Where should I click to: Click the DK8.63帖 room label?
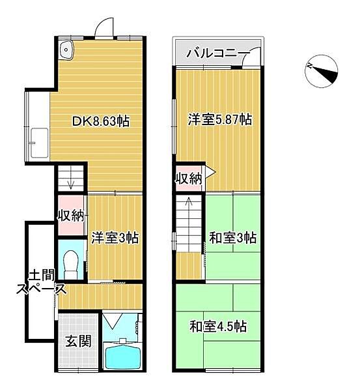[x=100, y=121]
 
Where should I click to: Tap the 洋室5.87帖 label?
[x=220, y=119]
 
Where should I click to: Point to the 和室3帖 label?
[x=232, y=237]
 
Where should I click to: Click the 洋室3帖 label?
[x=115, y=237]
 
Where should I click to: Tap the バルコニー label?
[x=217, y=53]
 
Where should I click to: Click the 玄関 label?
[x=78, y=340]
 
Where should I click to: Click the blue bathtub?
[x=123, y=357]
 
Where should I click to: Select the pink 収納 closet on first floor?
[x=70, y=214]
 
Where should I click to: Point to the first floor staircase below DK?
[x=70, y=177]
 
